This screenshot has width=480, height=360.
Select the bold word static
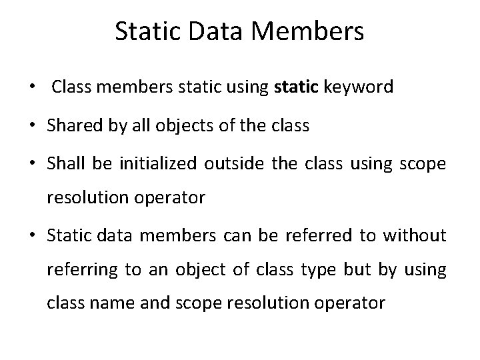tap(297, 87)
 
